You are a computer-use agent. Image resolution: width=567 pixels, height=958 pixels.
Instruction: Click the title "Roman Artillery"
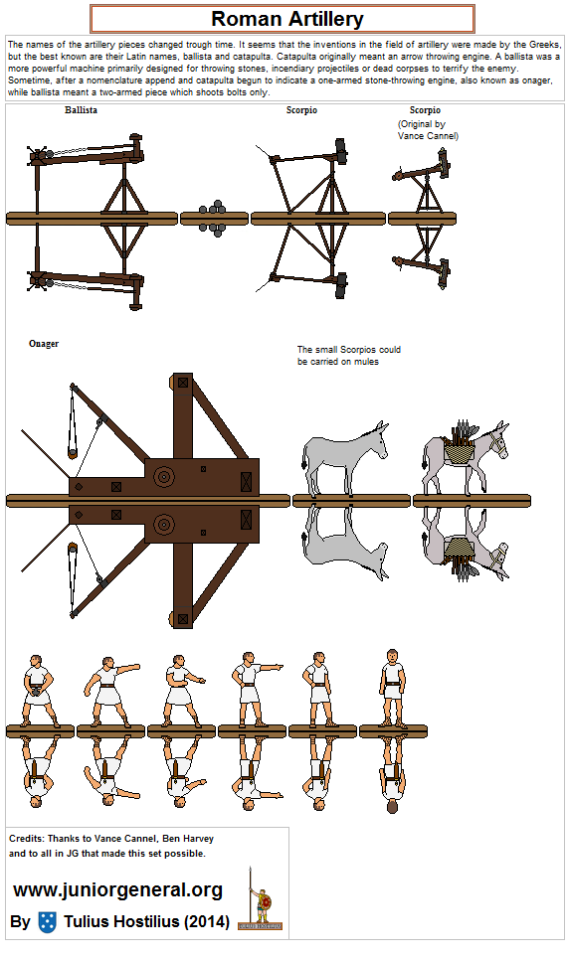(286, 19)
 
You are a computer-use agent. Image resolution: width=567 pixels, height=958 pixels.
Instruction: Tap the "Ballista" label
(81, 109)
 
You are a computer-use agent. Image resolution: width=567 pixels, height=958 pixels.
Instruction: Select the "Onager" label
(44, 344)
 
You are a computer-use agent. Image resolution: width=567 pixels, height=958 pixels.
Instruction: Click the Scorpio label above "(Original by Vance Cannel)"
(425, 109)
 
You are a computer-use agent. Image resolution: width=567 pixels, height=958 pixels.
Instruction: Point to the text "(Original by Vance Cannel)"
(428, 129)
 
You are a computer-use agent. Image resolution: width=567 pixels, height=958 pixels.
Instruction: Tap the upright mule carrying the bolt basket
(466, 457)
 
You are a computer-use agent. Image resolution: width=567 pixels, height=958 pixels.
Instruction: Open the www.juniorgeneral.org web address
(117, 889)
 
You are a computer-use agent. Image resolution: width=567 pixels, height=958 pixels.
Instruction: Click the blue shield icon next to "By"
(47, 921)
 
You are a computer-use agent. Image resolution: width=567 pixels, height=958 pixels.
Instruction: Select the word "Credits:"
(29, 839)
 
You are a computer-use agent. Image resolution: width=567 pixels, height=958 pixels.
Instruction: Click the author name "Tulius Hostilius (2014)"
(146, 922)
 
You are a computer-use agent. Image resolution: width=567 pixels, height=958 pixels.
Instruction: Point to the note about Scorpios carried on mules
(348, 356)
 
